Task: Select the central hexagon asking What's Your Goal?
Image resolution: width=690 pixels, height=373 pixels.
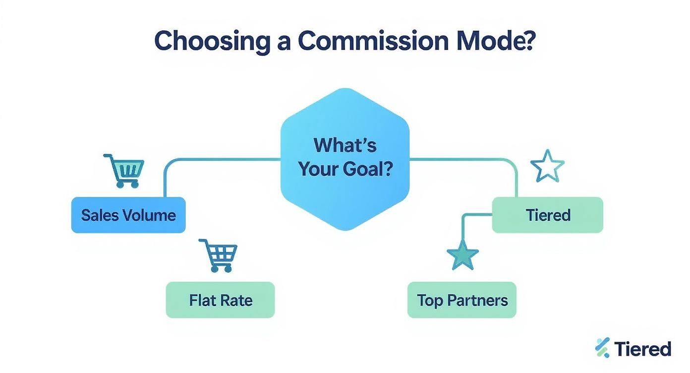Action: (345, 159)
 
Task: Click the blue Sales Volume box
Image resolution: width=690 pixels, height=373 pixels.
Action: (128, 215)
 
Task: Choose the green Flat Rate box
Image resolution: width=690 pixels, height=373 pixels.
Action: (220, 300)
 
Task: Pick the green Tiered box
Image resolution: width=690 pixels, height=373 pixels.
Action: (547, 215)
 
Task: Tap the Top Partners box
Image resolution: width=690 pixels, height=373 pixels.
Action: (462, 300)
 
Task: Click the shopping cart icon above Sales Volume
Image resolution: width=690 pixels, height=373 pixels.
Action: (124, 170)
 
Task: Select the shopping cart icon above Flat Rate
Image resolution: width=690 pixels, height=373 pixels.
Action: (219, 255)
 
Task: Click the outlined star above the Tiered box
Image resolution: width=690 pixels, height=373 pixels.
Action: (547, 166)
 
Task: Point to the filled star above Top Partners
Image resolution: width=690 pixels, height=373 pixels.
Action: (462, 254)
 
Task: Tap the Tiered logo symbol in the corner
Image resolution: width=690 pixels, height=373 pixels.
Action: (602, 348)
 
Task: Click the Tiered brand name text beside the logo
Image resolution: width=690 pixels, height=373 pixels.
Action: (643, 349)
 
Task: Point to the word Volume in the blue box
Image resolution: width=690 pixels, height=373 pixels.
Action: (152, 215)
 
